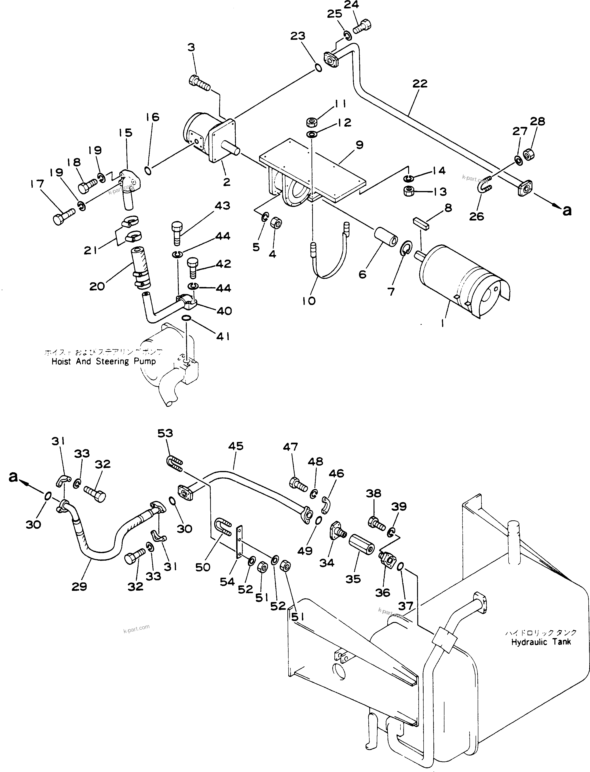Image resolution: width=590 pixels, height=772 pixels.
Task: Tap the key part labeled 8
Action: click(x=421, y=224)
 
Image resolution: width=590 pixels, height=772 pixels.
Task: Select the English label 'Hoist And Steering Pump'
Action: click(x=104, y=361)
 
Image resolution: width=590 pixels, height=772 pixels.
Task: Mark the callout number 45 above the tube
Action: click(x=236, y=446)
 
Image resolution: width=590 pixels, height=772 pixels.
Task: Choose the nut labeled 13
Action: click(x=409, y=192)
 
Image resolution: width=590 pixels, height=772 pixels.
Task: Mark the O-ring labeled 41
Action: click(x=187, y=318)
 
